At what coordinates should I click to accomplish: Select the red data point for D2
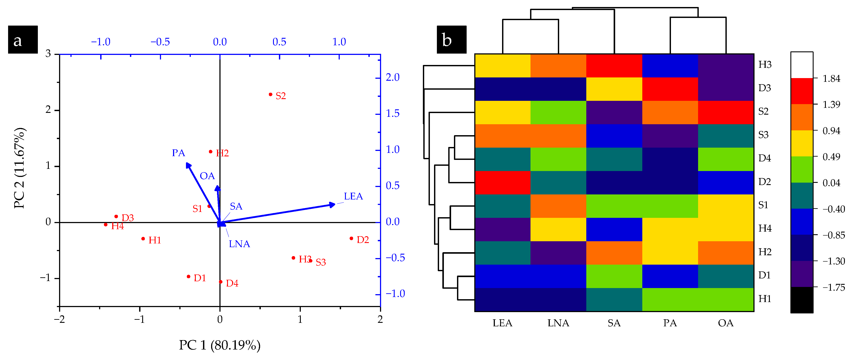351,238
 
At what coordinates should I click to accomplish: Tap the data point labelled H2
210,152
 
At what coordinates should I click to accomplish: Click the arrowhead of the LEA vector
332,205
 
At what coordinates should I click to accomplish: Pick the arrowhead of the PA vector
188,165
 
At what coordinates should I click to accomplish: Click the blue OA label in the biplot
207,176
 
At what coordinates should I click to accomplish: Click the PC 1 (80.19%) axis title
220,345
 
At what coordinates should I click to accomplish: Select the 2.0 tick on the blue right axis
392,78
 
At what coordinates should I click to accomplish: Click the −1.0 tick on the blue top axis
101,42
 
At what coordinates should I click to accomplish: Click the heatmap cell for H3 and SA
614,66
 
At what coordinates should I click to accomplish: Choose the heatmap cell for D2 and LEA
503,183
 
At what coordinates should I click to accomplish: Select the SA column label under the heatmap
614,323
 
